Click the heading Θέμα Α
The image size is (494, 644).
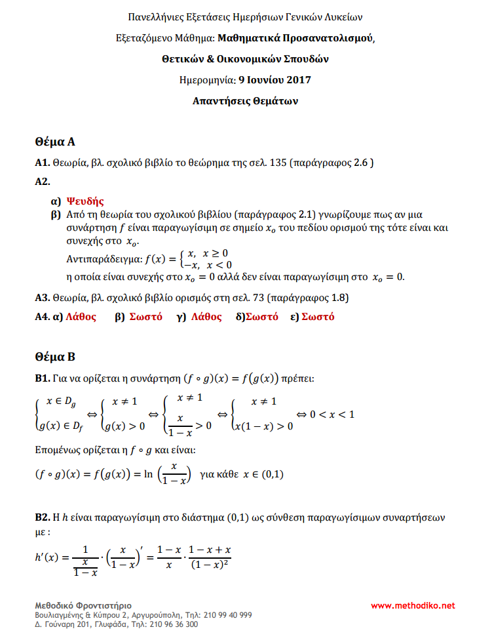[x=56, y=141]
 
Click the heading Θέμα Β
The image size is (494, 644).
[x=56, y=357]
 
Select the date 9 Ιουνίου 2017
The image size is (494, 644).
[x=275, y=81]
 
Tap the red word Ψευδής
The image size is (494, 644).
[x=86, y=202]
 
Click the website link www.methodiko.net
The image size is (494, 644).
[x=413, y=605]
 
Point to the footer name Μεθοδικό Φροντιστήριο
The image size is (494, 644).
[x=83, y=605]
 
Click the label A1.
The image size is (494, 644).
[x=42, y=163]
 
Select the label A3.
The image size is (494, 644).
[x=42, y=298]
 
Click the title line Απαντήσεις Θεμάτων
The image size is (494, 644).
[x=246, y=101]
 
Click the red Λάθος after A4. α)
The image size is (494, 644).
[x=81, y=317]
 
